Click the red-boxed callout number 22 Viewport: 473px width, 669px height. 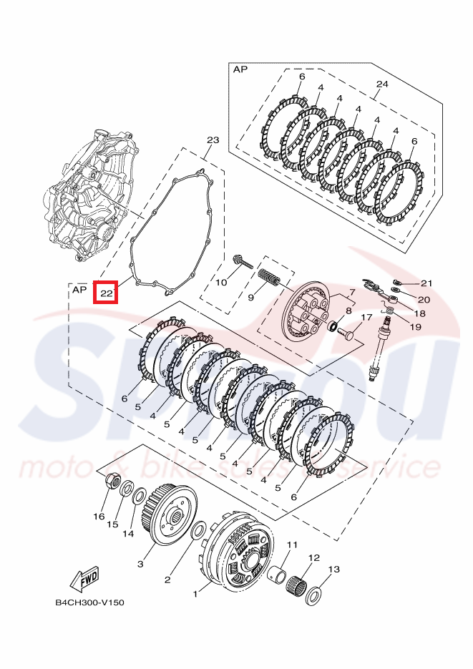[x=106, y=293]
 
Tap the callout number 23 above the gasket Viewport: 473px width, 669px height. [x=213, y=140]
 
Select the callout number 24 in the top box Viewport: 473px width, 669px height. [x=381, y=84]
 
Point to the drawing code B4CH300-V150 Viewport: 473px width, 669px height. [x=89, y=602]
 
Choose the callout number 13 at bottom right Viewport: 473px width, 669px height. [x=333, y=570]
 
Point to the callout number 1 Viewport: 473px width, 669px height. [x=196, y=593]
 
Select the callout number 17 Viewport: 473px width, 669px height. [x=366, y=318]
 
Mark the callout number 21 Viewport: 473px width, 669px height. [x=426, y=283]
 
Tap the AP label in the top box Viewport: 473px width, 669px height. [x=240, y=69]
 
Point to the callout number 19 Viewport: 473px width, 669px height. [x=415, y=326]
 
